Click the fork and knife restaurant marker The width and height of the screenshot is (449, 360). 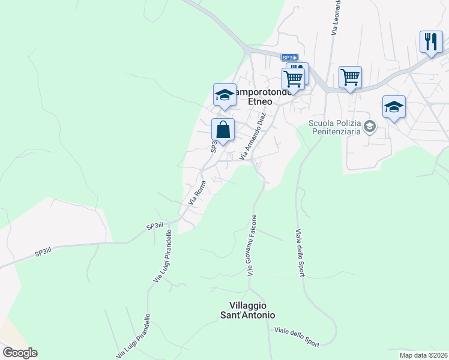click(x=431, y=42)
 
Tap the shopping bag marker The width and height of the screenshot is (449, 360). click(x=223, y=130)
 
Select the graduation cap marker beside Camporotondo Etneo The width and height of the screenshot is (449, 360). click(x=224, y=95)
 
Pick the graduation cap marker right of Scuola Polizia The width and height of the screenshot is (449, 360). click(x=394, y=107)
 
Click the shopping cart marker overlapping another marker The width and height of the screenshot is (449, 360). click(x=293, y=78)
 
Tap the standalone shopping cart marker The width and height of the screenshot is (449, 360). click(x=350, y=77)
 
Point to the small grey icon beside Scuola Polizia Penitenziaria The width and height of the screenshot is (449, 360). click(x=370, y=126)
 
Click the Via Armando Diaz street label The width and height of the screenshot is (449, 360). click(x=253, y=136)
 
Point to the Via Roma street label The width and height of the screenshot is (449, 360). click(x=197, y=193)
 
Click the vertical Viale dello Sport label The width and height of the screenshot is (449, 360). click(x=300, y=252)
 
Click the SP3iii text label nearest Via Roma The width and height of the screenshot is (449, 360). click(x=155, y=226)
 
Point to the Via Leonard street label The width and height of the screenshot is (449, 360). click(x=336, y=17)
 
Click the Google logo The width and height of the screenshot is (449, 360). click(x=20, y=353)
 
